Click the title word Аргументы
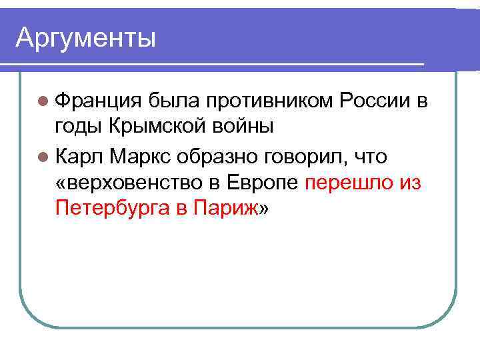(85, 37)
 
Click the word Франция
(98, 101)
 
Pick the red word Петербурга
(113, 209)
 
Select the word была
(173, 101)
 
